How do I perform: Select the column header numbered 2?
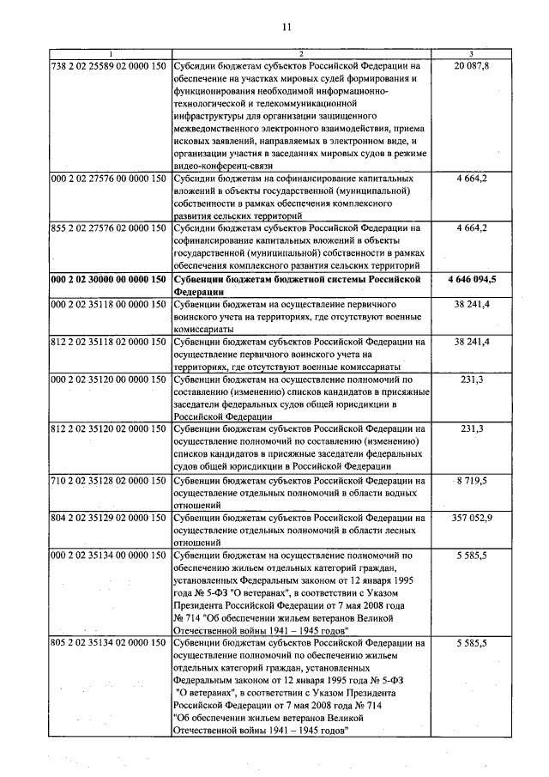click(300, 53)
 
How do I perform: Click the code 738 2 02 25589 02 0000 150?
click(109, 65)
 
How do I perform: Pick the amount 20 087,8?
click(472, 65)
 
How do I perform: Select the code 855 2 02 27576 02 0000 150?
click(109, 228)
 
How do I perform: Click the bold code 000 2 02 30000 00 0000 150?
click(109, 280)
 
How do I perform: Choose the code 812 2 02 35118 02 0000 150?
click(109, 342)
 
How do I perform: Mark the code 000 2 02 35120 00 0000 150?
click(109, 379)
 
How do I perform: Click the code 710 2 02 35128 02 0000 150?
click(109, 480)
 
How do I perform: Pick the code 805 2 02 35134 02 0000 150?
click(109, 642)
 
